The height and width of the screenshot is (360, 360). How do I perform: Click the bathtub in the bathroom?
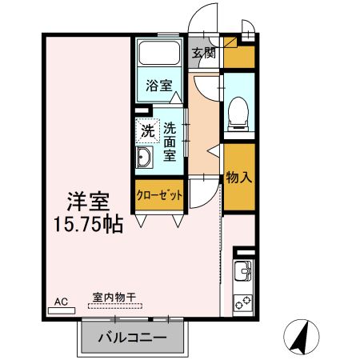(159, 54)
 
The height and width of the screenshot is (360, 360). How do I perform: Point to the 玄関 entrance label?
(203, 54)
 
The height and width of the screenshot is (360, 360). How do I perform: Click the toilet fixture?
(238, 112)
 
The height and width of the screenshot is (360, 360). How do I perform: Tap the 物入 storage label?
(238, 177)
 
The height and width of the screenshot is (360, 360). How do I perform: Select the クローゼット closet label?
(160, 195)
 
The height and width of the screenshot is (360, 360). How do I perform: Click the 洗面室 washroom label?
(170, 141)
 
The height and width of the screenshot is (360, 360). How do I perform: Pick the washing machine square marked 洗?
(147, 130)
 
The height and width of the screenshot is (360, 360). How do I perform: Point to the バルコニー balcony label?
(133, 338)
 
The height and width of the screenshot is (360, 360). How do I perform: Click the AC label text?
(61, 302)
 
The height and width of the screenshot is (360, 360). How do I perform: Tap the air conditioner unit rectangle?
(61, 310)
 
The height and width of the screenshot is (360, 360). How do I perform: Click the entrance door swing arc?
(206, 16)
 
